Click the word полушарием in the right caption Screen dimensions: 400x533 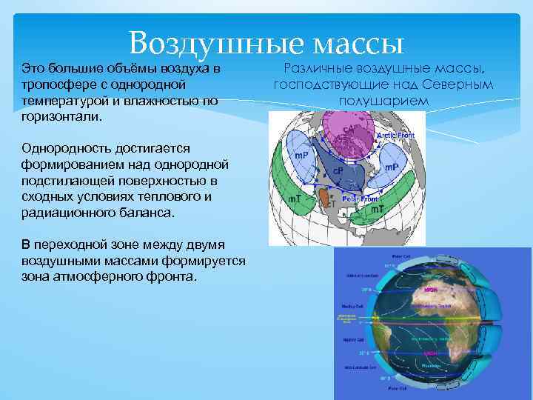(383, 101)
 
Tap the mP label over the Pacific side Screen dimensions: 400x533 (301, 154)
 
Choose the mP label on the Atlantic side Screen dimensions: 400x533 (390, 167)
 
